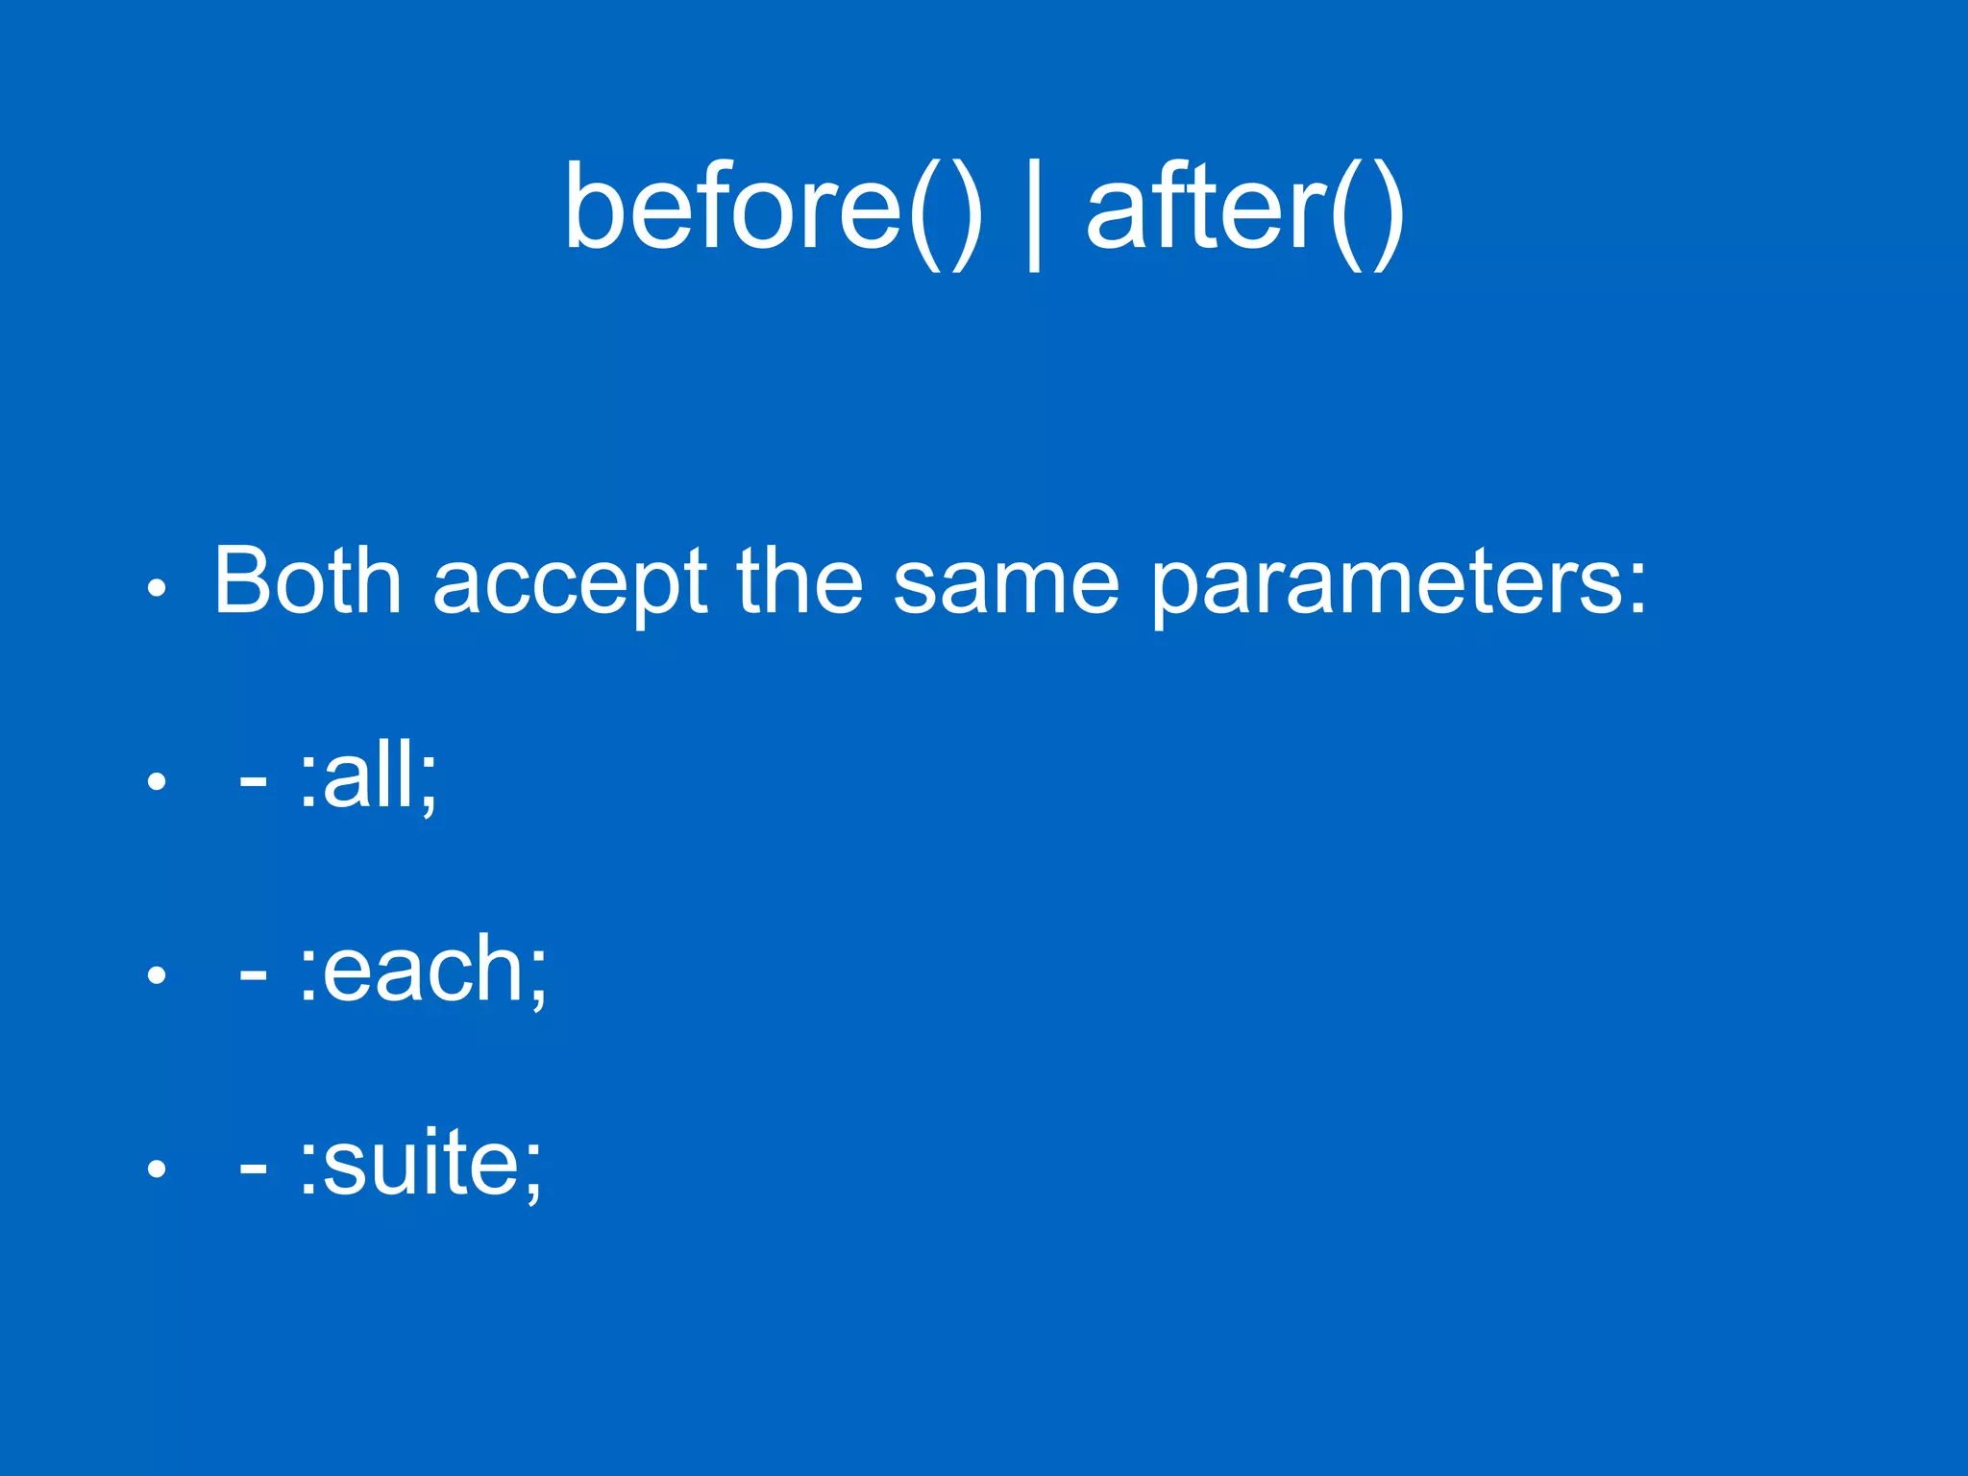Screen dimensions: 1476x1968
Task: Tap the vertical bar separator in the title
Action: (x=1034, y=213)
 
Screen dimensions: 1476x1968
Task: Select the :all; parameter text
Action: (x=368, y=776)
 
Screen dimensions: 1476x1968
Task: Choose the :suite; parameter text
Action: (x=421, y=1163)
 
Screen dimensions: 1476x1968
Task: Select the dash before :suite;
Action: (x=253, y=1171)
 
